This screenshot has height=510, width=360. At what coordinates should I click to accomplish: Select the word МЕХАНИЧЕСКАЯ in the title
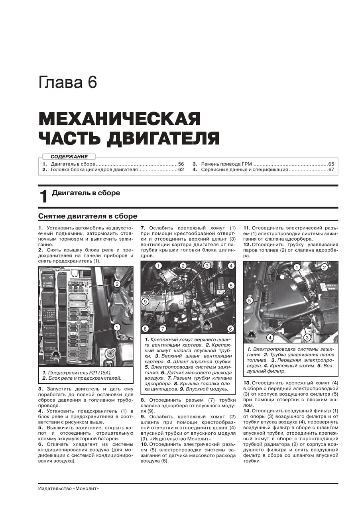pyautogui.click(x=119, y=119)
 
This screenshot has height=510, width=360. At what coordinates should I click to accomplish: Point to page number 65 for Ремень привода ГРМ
pyautogui.click(x=331, y=164)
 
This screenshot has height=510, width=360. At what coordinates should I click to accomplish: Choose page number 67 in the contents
pyautogui.click(x=331, y=170)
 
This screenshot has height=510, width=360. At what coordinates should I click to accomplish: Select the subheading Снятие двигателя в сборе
pyautogui.click(x=88, y=216)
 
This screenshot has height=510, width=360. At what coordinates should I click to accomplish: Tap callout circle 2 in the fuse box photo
pyautogui.click(x=117, y=284)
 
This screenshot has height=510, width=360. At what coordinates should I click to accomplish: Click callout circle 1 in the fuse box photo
pyautogui.click(x=117, y=328)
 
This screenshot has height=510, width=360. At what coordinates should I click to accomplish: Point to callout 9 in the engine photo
pyautogui.click(x=146, y=302)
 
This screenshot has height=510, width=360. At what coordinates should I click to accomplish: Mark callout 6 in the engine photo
pyautogui.click(x=230, y=328)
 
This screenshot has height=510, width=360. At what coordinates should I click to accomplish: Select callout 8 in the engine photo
pyautogui.click(x=146, y=329)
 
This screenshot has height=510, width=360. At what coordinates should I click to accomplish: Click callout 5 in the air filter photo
pyautogui.click(x=250, y=301)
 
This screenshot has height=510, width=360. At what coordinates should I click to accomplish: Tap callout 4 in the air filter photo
pyautogui.click(x=270, y=337)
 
